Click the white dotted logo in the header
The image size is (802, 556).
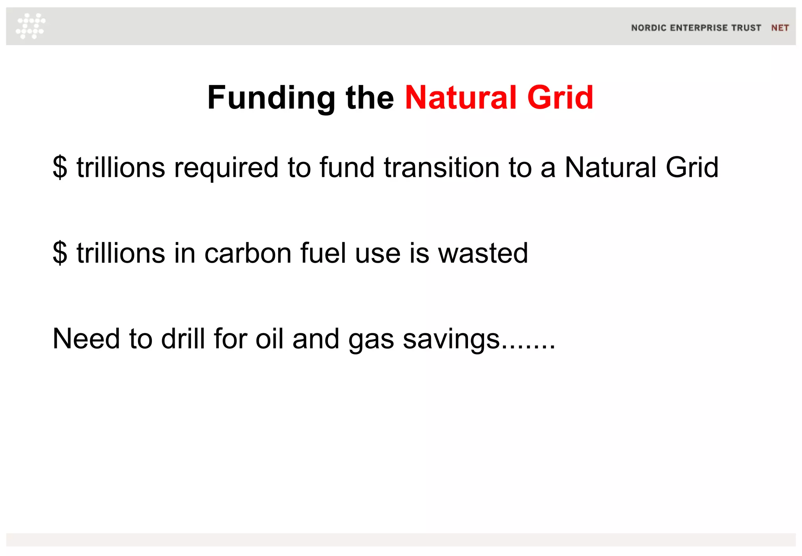[31, 26]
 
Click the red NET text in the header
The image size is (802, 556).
[780, 28]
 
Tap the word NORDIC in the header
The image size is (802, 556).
[648, 28]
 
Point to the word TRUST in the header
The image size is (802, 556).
[746, 28]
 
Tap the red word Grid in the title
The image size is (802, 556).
[560, 98]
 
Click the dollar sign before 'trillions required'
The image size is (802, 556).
[60, 167]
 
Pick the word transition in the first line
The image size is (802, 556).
[441, 167]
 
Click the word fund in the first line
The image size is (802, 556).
[347, 167]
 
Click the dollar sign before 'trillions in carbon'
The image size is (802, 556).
[60, 253]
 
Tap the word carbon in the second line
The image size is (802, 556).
[248, 253]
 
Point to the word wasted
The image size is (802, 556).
[483, 253]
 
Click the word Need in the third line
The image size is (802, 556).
[86, 339]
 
